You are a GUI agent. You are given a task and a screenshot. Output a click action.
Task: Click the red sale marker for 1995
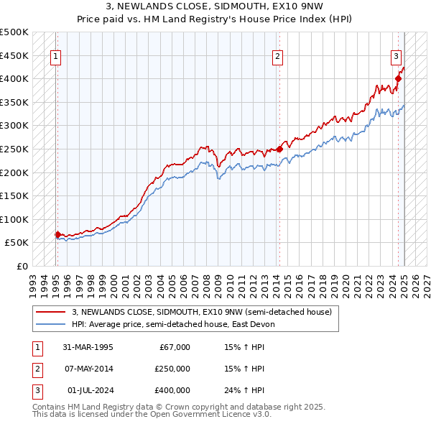coord(57,234)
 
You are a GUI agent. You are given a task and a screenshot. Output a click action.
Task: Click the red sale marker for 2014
coord(279,149)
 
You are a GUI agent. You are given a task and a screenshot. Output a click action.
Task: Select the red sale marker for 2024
coord(397,79)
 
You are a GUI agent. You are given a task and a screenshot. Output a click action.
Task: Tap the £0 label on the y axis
coord(22,266)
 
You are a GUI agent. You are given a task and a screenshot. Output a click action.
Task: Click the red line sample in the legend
coord(50,313)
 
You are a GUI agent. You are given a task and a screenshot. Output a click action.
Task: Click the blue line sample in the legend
coord(50,324)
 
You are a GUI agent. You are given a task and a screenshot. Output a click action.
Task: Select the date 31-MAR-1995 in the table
coord(88,347)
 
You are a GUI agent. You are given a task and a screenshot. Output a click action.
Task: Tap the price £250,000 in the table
coord(172,369)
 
